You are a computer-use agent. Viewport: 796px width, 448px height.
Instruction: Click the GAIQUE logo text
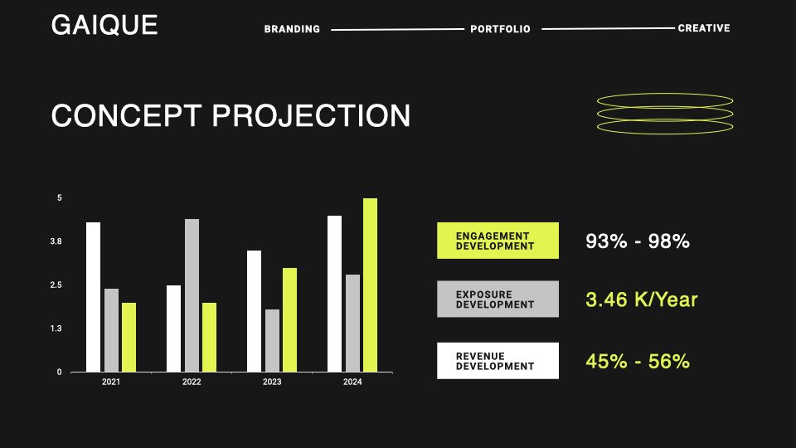point(104,25)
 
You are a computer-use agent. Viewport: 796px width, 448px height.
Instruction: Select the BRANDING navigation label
point(292,29)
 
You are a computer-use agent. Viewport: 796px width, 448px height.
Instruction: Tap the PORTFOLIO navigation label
point(500,29)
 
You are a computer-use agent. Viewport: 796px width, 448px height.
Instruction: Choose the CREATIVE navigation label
point(704,28)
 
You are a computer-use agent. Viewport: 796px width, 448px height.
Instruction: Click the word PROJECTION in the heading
point(311,116)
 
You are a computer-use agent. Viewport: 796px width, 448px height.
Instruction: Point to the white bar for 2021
point(94,297)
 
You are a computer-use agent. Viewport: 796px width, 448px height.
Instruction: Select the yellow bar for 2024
point(370,285)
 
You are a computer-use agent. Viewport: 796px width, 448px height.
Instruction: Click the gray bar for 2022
point(192,295)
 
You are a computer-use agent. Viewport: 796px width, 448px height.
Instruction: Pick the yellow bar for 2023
point(290,320)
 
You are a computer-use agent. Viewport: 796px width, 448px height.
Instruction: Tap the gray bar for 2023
point(272,341)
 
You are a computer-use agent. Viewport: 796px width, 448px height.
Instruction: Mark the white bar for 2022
point(173,329)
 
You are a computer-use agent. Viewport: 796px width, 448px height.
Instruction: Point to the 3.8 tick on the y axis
point(56,241)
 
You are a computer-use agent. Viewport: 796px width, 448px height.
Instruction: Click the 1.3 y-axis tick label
point(56,329)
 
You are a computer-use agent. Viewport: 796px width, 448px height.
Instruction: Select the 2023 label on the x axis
point(272,382)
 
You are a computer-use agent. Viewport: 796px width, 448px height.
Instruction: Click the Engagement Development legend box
point(498,241)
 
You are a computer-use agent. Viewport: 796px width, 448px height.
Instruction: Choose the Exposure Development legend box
point(498,299)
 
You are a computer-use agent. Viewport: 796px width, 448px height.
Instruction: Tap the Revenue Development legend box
point(498,361)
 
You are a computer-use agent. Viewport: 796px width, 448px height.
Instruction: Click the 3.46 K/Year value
point(642,299)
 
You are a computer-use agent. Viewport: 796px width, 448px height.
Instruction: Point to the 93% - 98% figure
point(638,241)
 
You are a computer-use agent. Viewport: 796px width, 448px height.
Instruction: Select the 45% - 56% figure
point(638,362)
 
